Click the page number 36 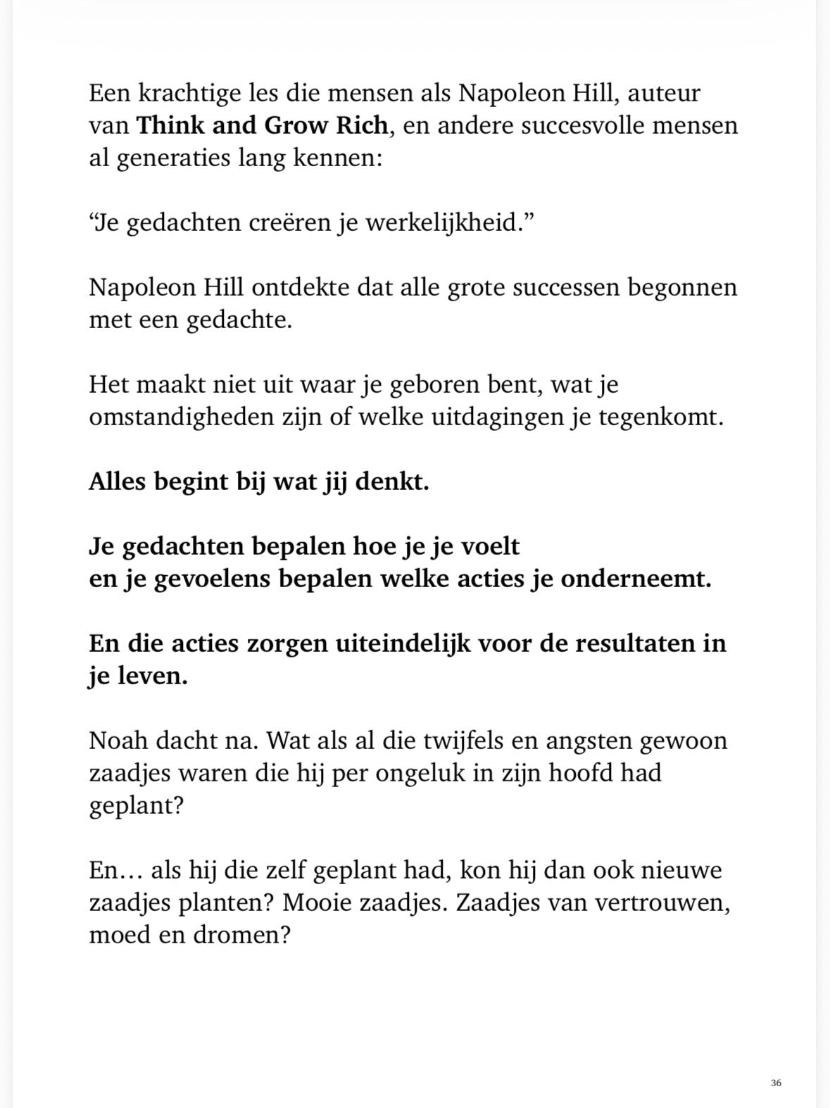click(x=776, y=1083)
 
